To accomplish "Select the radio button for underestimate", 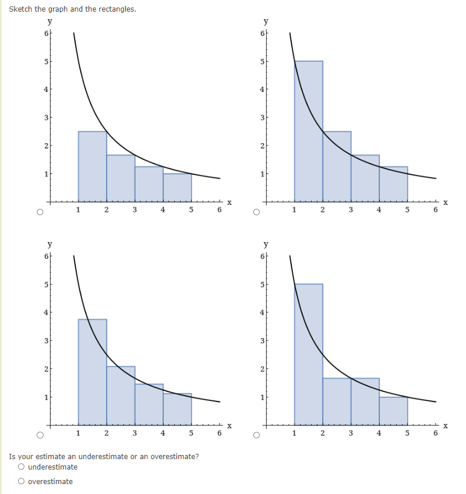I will tap(22, 467).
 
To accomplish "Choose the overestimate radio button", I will tap(22, 482).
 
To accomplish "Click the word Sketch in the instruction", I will tap(21, 9).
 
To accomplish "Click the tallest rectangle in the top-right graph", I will tap(308, 131).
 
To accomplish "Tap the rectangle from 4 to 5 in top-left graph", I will tap(177, 187).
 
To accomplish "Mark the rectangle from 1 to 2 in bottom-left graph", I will tap(92, 372).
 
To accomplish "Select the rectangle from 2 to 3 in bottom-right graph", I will tap(337, 401).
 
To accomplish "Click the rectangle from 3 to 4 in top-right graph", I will tap(365, 178).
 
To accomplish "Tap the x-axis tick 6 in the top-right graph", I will tap(435, 211).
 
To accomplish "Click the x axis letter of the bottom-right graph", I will tap(446, 426).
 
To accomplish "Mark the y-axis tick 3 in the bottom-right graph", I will tap(262, 340).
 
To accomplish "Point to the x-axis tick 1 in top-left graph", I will tap(78, 211).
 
